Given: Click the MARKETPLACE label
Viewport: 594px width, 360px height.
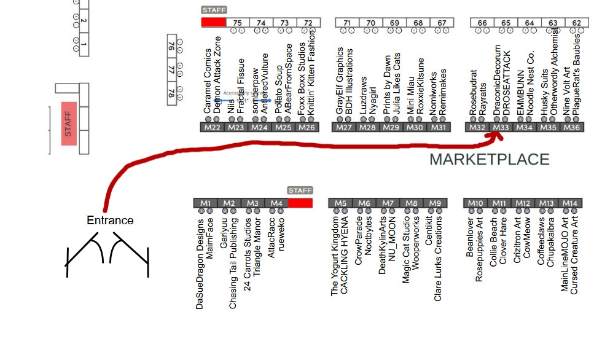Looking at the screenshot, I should pos(489,160).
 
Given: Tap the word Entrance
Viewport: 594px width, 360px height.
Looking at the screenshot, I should pos(109,221).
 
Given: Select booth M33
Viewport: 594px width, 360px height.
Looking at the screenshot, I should pos(501,128).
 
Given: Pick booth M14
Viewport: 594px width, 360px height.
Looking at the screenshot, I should pos(571,203).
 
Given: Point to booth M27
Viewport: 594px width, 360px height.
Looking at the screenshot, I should pos(344,128).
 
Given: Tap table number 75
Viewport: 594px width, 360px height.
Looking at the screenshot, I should pos(238,23).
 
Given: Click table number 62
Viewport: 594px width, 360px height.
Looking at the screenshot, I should pos(576,23).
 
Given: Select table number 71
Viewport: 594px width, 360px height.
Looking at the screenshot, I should pos(347,23).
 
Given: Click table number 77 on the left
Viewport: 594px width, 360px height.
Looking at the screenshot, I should pos(171,69).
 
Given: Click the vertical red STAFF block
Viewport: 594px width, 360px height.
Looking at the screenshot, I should pos(68,123).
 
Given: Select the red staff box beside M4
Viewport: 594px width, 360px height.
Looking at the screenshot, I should pos(300,203).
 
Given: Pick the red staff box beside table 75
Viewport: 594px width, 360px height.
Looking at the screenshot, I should pos(213,22).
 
